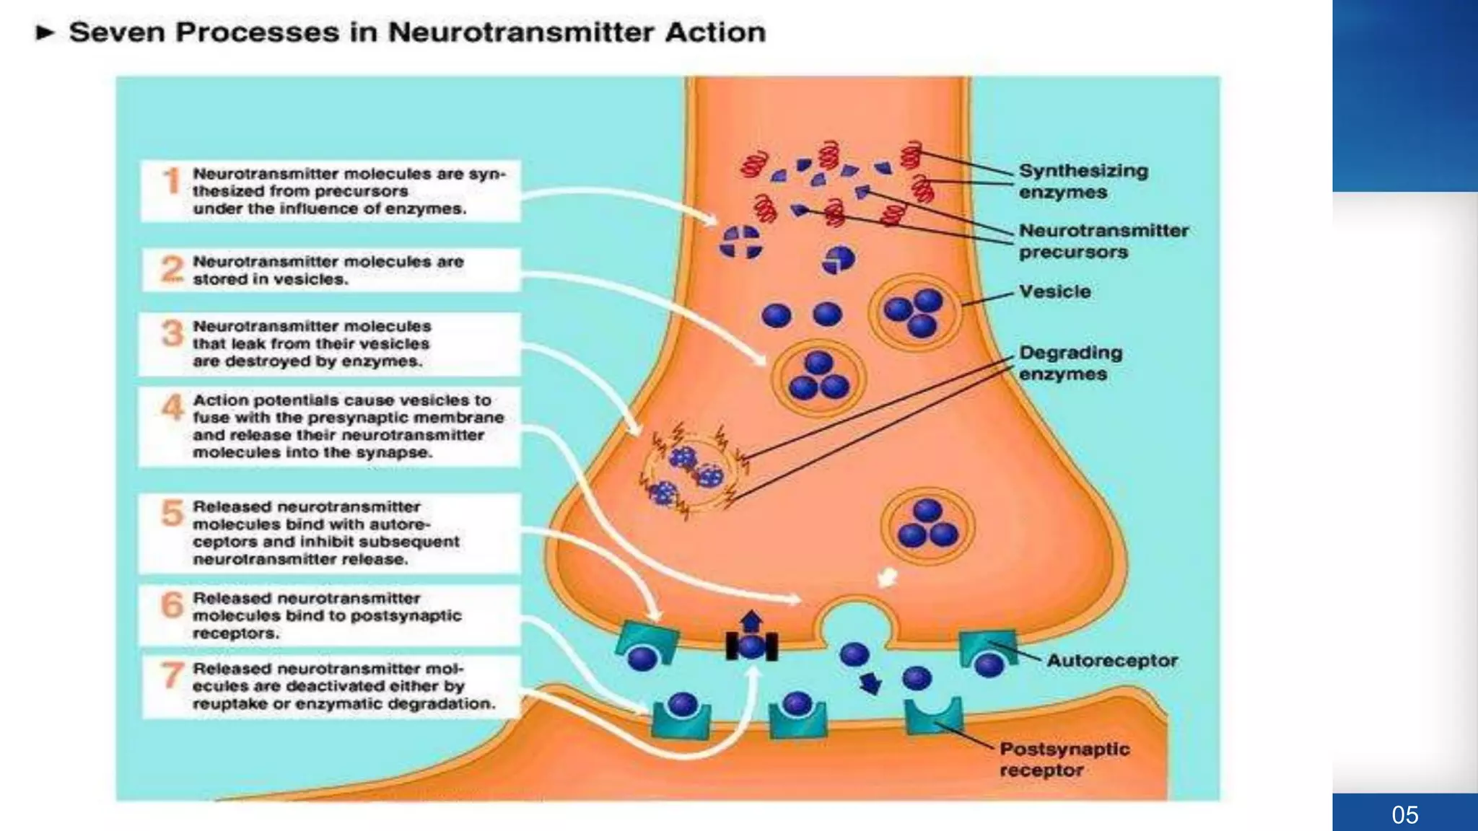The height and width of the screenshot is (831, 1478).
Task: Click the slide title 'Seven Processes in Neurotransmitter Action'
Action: coord(417,32)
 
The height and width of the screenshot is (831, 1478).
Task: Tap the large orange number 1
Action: coord(172,181)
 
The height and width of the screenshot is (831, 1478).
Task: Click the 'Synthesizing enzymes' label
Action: coord(1083,181)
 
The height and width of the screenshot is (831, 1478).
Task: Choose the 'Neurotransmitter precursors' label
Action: coord(1103,241)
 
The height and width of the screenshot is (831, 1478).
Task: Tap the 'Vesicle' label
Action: coord(1054,291)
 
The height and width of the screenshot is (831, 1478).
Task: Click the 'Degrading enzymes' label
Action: coord(1070,363)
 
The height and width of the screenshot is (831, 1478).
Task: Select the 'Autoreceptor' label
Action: coord(1111,660)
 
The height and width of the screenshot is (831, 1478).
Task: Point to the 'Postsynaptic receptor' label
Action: coord(1064,759)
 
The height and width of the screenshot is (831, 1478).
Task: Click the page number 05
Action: coord(1404,815)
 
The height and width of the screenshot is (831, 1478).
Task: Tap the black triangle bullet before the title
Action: coord(45,32)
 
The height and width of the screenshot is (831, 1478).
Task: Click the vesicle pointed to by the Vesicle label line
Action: coord(914,313)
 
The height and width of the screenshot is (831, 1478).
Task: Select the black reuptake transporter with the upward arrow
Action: coord(751,645)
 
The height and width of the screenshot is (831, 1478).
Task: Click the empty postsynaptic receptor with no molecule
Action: coord(933,716)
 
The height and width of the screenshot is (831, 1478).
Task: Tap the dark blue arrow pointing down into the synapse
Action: coord(870,682)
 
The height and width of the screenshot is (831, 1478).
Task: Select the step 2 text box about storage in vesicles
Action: coord(330,270)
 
